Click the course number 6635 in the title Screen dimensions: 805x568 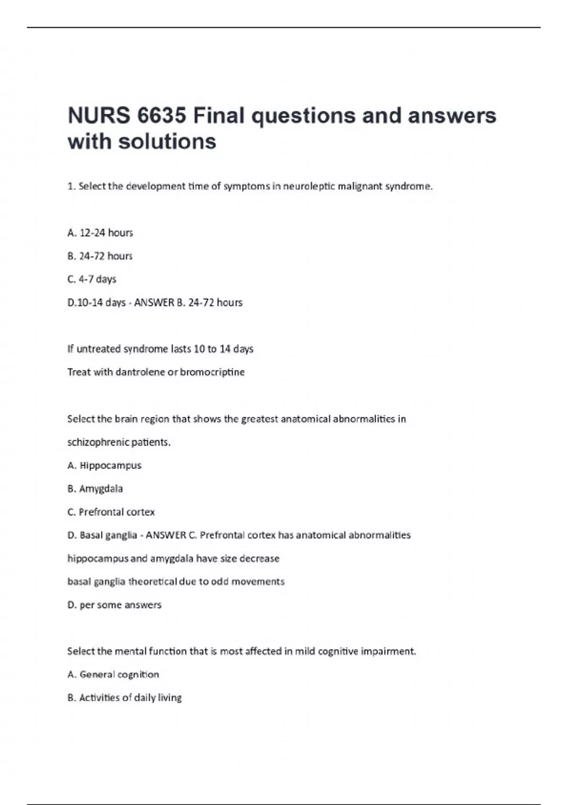pyautogui.click(x=161, y=116)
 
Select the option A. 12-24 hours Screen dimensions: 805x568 pyautogui.click(x=100, y=233)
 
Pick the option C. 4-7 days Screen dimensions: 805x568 pyautogui.click(x=92, y=279)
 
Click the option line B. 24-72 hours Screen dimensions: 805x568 pyautogui.click(x=100, y=256)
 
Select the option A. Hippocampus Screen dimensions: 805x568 pyautogui.click(x=105, y=465)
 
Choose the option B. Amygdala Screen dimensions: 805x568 pyautogui.click(x=95, y=489)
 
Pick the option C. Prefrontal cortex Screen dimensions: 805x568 pyautogui.click(x=111, y=512)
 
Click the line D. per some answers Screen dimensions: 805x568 pyautogui.click(x=115, y=605)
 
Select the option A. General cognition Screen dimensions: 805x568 pyautogui.click(x=113, y=674)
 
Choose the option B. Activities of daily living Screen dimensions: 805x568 pyautogui.click(x=124, y=698)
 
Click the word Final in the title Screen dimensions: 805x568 pyautogui.click(x=218, y=116)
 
